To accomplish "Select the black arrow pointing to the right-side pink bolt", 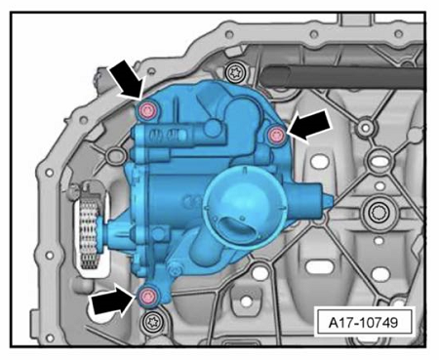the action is click(x=309, y=125).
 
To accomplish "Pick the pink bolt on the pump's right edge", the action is click(x=276, y=134).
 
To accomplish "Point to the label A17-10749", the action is click(x=363, y=323).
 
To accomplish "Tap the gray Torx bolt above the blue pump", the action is click(x=234, y=73).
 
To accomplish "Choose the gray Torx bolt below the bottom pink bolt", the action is click(x=151, y=322).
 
